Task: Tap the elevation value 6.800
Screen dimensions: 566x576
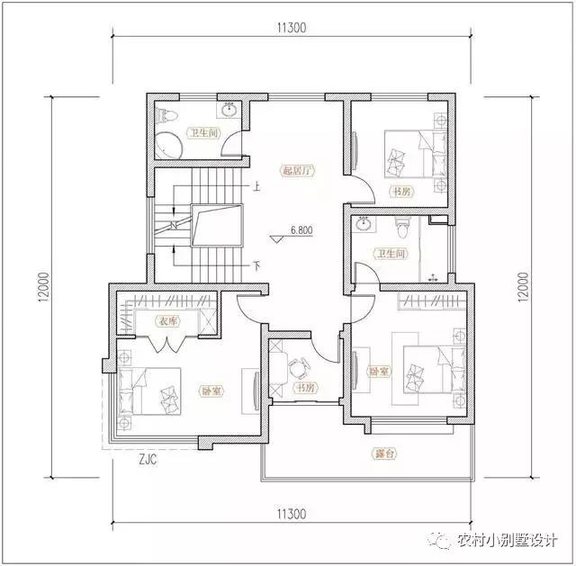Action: click(x=301, y=230)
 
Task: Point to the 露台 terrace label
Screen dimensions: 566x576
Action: click(x=384, y=454)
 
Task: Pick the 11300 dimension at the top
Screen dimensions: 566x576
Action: click(x=292, y=27)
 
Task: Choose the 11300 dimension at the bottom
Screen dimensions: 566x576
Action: click(x=292, y=514)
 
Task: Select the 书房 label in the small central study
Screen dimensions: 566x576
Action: click(x=303, y=388)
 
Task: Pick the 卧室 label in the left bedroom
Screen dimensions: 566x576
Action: click(x=213, y=391)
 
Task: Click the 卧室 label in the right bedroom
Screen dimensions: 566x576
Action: click(x=379, y=370)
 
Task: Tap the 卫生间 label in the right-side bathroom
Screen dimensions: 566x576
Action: click(x=392, y=255)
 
